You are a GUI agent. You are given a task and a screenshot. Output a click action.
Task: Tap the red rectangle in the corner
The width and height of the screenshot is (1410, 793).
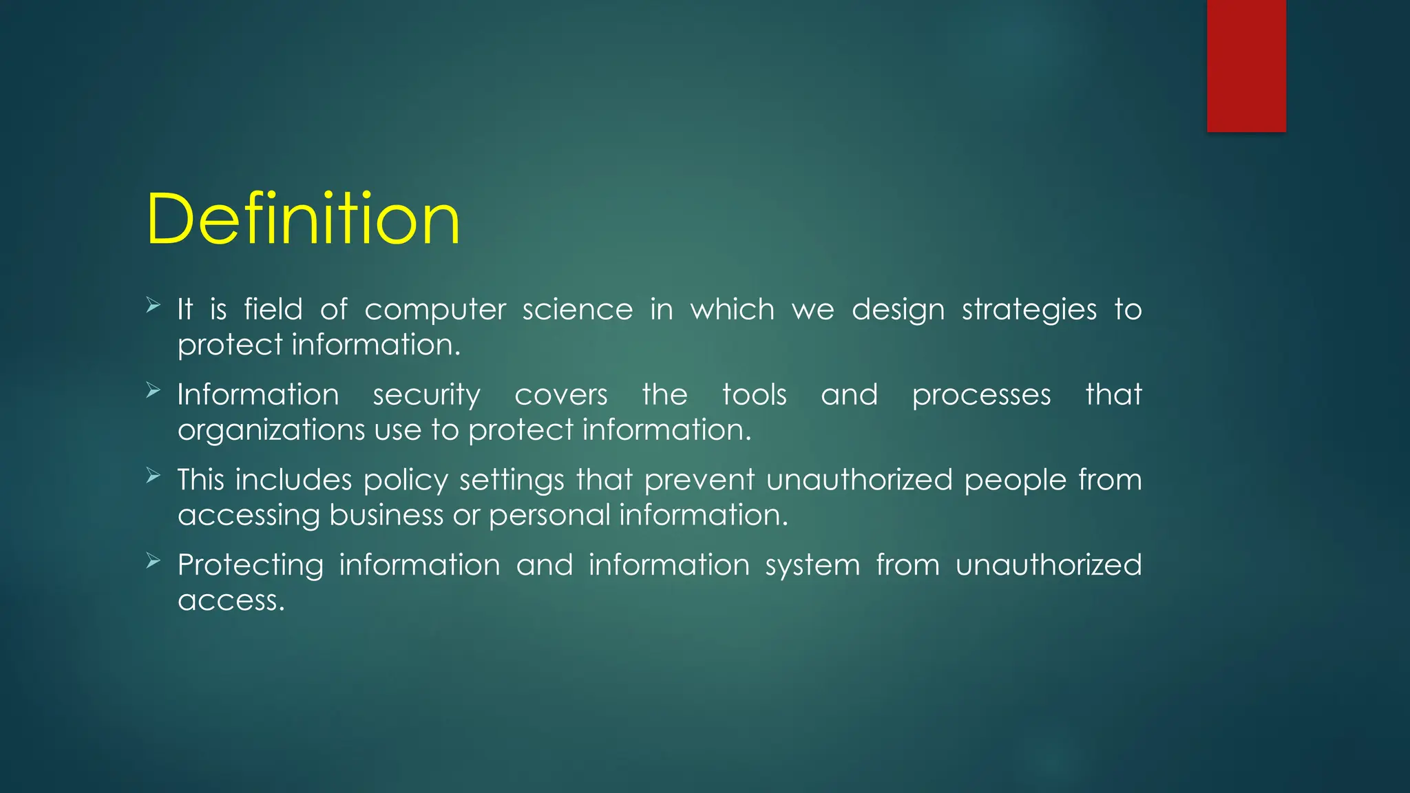(x=1246, y=65)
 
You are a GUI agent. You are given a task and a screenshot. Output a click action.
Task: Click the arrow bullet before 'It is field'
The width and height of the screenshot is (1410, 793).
(x=154, y=305)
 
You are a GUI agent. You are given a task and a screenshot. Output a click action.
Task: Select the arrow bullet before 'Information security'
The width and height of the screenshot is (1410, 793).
(x=154, y=390)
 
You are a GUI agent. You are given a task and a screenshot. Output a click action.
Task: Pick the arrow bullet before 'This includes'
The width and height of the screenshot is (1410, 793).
(x=154, y=475)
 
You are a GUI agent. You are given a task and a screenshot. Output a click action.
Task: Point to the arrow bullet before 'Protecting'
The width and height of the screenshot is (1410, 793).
(x=154, y=560)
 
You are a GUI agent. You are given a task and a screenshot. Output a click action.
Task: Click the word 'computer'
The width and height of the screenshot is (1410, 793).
(x=435, y=310)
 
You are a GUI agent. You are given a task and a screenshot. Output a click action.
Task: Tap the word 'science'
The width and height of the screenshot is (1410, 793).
(x=577, y=310)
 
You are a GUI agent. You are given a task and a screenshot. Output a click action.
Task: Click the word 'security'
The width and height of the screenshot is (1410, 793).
(x=426, y=396)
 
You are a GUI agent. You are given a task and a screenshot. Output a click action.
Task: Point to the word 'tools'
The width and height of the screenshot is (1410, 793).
(x=754, y=395)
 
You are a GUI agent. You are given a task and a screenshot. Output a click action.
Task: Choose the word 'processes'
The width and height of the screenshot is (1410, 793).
(x=981, y=396)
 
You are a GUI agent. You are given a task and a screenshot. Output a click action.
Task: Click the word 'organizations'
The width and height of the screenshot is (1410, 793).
(x=271, y=430)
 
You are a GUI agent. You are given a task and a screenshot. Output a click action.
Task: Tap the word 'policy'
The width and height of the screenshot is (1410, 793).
(x=406, y=480)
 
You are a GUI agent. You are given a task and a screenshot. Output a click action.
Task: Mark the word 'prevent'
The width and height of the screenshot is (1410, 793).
(x=699, y=480)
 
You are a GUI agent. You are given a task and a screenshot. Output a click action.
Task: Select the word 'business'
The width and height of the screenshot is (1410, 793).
(x=386, y=515)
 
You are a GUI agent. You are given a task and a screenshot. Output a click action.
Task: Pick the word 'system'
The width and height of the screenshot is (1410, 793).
(x=812, y=566)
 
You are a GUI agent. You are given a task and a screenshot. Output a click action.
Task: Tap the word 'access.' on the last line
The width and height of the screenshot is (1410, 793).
(x=231, y=601)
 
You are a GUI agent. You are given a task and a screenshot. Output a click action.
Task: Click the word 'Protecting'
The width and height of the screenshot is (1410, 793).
(x=251, y=566)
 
